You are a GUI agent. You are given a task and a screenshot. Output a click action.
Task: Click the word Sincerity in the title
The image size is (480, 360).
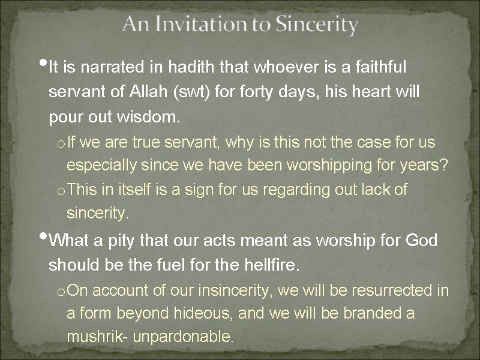click(316, 25)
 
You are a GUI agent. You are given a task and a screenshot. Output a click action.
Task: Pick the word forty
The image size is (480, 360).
click(274, 92)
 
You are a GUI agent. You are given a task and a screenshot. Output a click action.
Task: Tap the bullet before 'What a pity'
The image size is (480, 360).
click(46, 235)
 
